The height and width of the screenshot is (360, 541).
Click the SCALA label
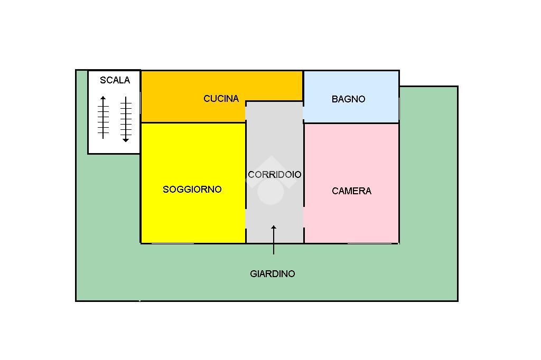pyautogui.click(x=115, y=80)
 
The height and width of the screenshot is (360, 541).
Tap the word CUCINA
pyautogui.click(x=221, y=99)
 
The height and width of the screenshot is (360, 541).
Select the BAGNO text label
pyautogui.click(x=349, y=99)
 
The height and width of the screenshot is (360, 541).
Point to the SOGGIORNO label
pyautogui.click(x=192, y=190)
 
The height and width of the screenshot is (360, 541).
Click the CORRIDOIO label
pyautogui.click(x=275, y=175)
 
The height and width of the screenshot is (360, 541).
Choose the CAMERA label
pyautogui.click(x=351, y=191)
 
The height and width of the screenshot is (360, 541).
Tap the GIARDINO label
pyautogui.click(x=273, y=274)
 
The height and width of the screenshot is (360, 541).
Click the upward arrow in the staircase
pyautogui.click(x=103, y=117)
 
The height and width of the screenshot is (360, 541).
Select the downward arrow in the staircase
pyautogui.click(x=126, y=119)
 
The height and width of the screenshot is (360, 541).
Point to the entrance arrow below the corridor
pyautogui.click(x=274, y=240)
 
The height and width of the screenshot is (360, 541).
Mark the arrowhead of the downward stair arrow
pyautogui.click(x=126, y=140)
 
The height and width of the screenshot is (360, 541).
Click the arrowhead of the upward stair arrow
pyautogui.click(x=103, y=98)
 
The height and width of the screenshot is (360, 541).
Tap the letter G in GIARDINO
pyautogui.click(x=253, y=274)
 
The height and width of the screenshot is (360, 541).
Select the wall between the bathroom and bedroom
pyautogui.click(x=351, y=123)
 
